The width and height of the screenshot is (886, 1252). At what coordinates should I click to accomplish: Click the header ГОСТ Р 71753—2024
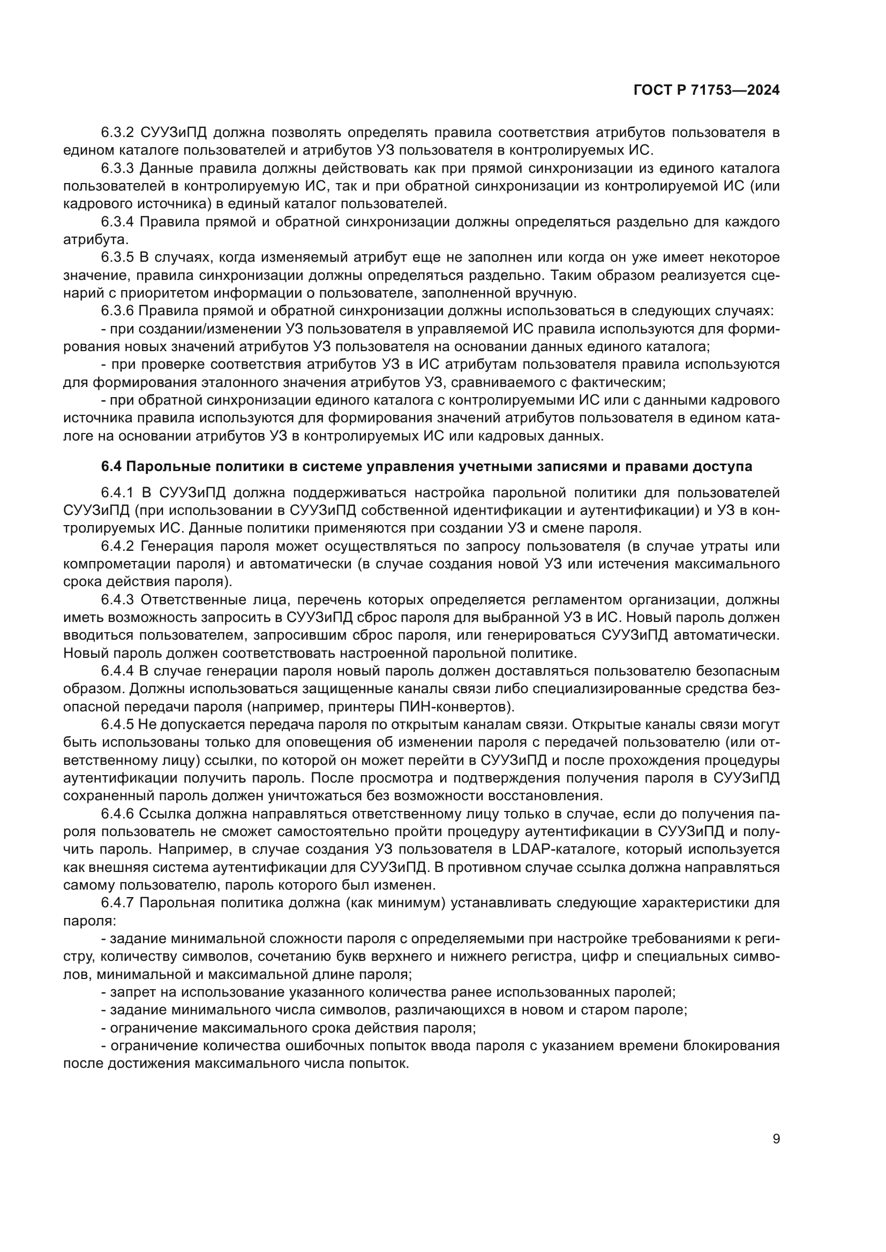707,90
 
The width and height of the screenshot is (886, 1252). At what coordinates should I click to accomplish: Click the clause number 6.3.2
117,133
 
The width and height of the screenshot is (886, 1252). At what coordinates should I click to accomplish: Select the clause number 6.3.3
117,169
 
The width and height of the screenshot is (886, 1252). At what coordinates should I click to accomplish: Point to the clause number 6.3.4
117,222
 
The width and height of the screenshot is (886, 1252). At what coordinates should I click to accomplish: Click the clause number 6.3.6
117,311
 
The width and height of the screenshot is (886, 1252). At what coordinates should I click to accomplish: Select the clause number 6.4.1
117,493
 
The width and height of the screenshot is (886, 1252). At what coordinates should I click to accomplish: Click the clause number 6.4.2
117,547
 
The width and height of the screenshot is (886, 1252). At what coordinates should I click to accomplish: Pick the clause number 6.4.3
117,600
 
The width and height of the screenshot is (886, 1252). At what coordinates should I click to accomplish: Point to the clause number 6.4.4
117,671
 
